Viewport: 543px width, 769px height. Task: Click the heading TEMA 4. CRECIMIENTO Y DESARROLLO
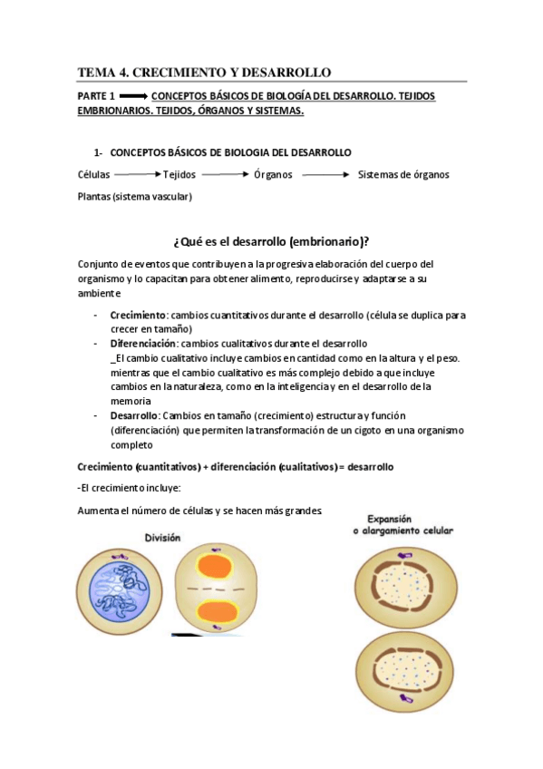205,72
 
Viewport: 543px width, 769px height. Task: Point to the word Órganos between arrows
273,175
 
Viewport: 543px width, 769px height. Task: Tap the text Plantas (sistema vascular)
135,197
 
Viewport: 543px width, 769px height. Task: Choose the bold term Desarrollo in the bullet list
134,415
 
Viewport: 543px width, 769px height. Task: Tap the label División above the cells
163,538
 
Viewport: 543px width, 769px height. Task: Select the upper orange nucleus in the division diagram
218,567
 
